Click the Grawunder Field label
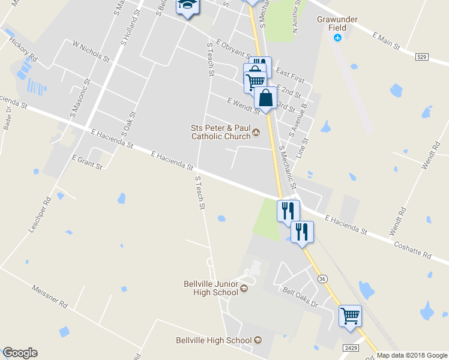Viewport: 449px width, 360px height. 337,23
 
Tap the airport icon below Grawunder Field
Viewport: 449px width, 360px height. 338,38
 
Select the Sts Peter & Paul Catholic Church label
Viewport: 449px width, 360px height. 220,132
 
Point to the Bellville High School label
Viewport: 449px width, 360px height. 213,340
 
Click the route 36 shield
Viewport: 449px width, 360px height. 323,279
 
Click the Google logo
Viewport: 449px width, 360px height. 20,353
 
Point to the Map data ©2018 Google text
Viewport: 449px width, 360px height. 412,355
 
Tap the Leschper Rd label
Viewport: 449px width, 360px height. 37,215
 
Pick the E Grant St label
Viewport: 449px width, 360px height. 87,162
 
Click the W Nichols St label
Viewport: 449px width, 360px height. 91,52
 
